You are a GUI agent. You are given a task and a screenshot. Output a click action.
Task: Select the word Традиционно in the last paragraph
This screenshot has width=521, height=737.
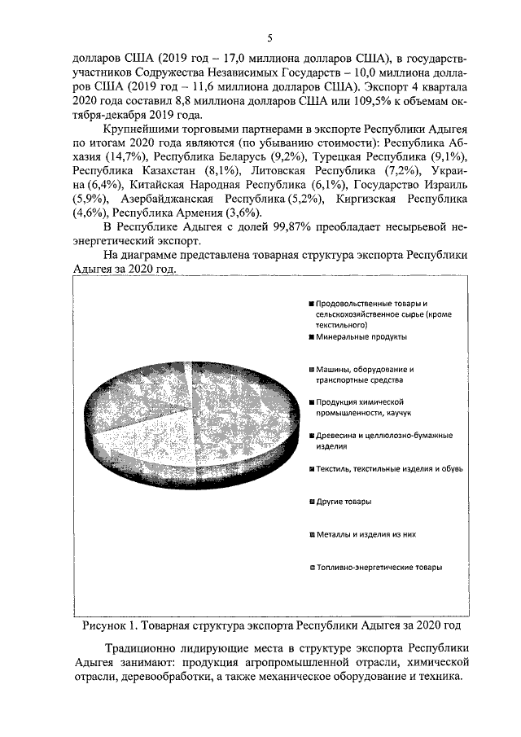(x=143, y=647)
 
